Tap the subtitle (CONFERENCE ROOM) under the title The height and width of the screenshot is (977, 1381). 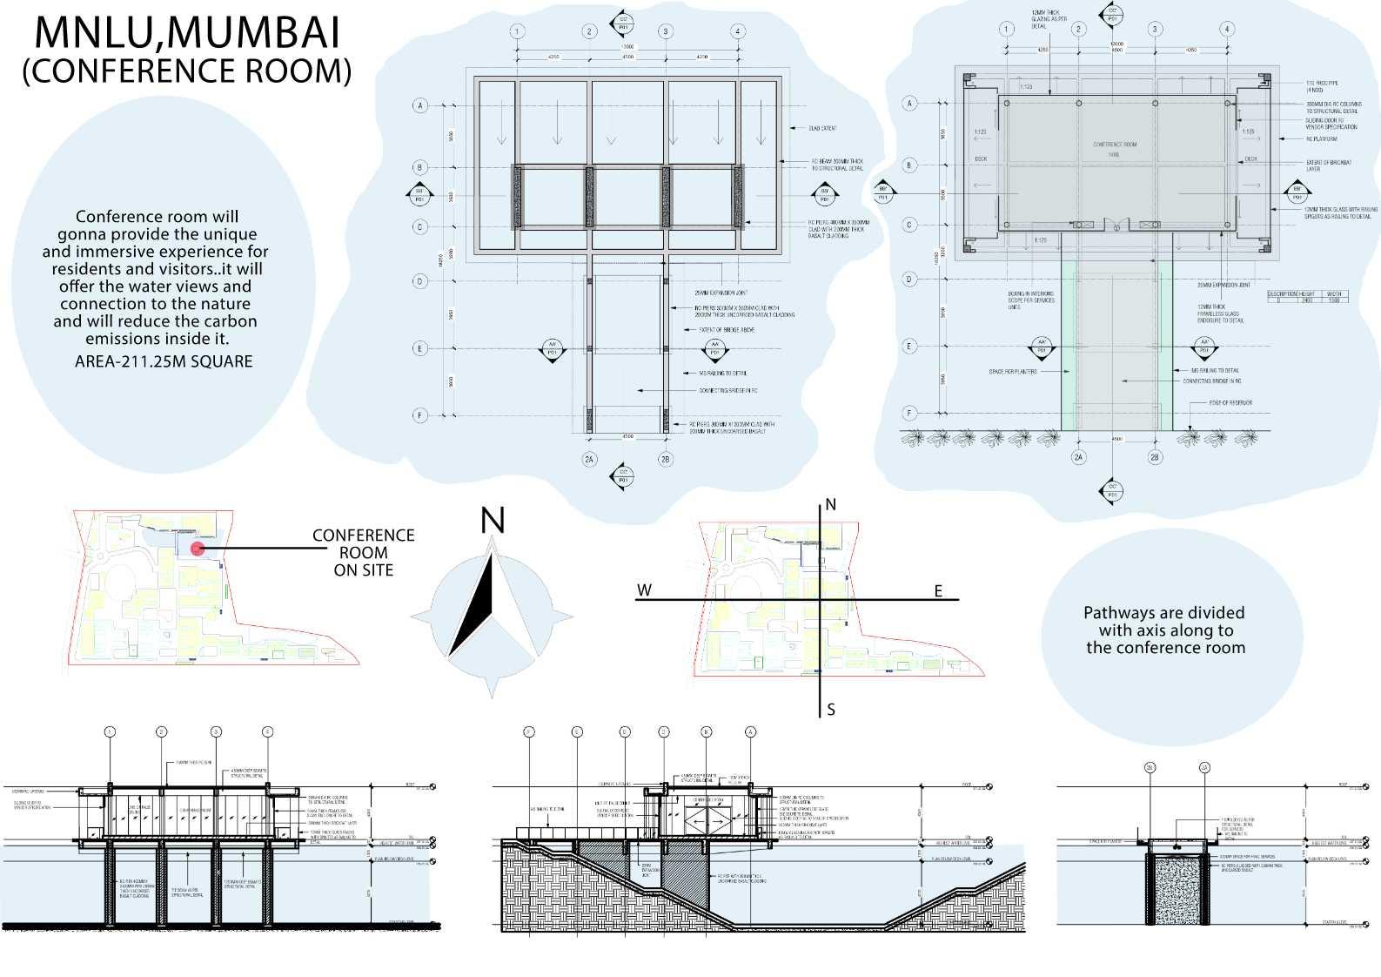(186, 71)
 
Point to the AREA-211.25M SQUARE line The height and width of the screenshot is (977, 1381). (164, 361)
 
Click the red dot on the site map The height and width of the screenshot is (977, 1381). (198, 549)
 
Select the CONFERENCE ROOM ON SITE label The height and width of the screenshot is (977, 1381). (364, 552)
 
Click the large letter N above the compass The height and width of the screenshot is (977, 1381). (493, 521)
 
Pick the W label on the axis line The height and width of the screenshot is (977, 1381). (644, 590)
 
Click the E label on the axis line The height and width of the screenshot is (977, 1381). (938, 591)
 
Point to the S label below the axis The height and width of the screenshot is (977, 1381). (831, 710)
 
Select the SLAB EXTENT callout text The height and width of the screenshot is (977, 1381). (822, 129)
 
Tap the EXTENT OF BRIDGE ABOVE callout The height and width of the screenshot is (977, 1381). (727, 330)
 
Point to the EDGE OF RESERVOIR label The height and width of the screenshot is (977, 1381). (1230, 403)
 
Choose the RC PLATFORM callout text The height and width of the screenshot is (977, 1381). (1321, 138)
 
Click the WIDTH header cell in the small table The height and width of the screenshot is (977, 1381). (1334, 294)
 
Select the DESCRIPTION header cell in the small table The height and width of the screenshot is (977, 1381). (1283, 294)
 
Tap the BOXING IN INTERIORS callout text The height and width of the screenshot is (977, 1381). (1030, 294)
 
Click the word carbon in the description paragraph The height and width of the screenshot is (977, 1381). (224, 321)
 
